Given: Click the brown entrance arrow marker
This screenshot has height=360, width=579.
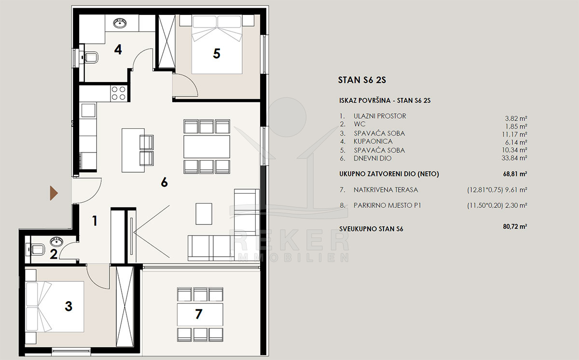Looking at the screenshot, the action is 54,193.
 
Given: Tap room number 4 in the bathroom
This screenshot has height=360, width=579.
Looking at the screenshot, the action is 118,49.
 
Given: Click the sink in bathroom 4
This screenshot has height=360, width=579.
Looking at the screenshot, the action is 120,23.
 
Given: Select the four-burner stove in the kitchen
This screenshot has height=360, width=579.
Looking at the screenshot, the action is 119,93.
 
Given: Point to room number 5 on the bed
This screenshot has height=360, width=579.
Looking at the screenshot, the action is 217,54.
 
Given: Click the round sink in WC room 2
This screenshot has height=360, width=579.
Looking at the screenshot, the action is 56,242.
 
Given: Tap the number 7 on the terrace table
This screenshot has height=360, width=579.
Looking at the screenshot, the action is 198,314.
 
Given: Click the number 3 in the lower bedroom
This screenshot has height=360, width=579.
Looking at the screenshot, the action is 69,306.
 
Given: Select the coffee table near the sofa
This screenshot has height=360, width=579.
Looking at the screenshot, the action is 204,214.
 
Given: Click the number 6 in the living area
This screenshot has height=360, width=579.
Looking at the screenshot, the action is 165,182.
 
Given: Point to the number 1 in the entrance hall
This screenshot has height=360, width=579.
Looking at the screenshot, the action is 95,221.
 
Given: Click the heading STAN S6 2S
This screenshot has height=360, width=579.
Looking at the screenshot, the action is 362,80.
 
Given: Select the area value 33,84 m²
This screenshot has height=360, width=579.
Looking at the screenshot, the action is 514,158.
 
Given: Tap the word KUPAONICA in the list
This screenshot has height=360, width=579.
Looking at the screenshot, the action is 373,141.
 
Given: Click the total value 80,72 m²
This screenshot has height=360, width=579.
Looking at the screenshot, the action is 515,226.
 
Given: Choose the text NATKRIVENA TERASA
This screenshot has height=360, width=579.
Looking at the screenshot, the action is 386,190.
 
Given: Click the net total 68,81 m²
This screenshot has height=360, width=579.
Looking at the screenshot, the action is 515,174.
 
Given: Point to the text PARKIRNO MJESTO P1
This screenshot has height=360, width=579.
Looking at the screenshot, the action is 387,206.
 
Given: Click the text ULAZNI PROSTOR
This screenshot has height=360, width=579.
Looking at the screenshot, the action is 380,116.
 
